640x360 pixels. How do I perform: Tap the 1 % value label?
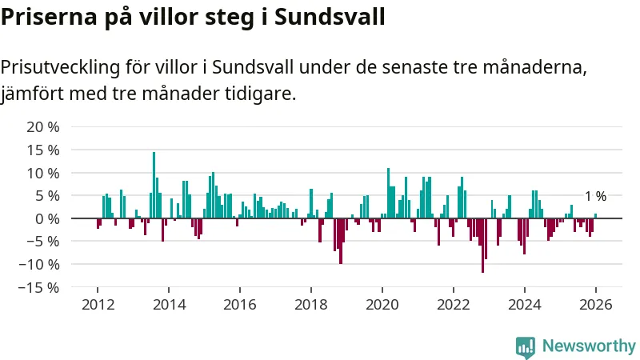[595, 196]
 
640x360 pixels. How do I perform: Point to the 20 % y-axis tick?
[43, 127]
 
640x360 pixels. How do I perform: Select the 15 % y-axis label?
[43, 150]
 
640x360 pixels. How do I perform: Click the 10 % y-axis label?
[43, 173]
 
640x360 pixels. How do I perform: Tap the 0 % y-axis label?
[47, 218]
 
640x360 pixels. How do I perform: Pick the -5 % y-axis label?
[43, 241]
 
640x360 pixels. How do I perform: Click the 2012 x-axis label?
[98, 305]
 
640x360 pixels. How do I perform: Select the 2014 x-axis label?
[169, 305]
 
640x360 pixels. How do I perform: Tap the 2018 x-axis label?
[311, 305]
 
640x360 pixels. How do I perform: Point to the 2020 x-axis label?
[382, 305]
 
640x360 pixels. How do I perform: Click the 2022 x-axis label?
[453, 305]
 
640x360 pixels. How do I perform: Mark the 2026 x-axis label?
[595, 305]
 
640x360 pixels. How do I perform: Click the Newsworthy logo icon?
[526, 346]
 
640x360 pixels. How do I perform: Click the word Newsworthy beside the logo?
[589, 346]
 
